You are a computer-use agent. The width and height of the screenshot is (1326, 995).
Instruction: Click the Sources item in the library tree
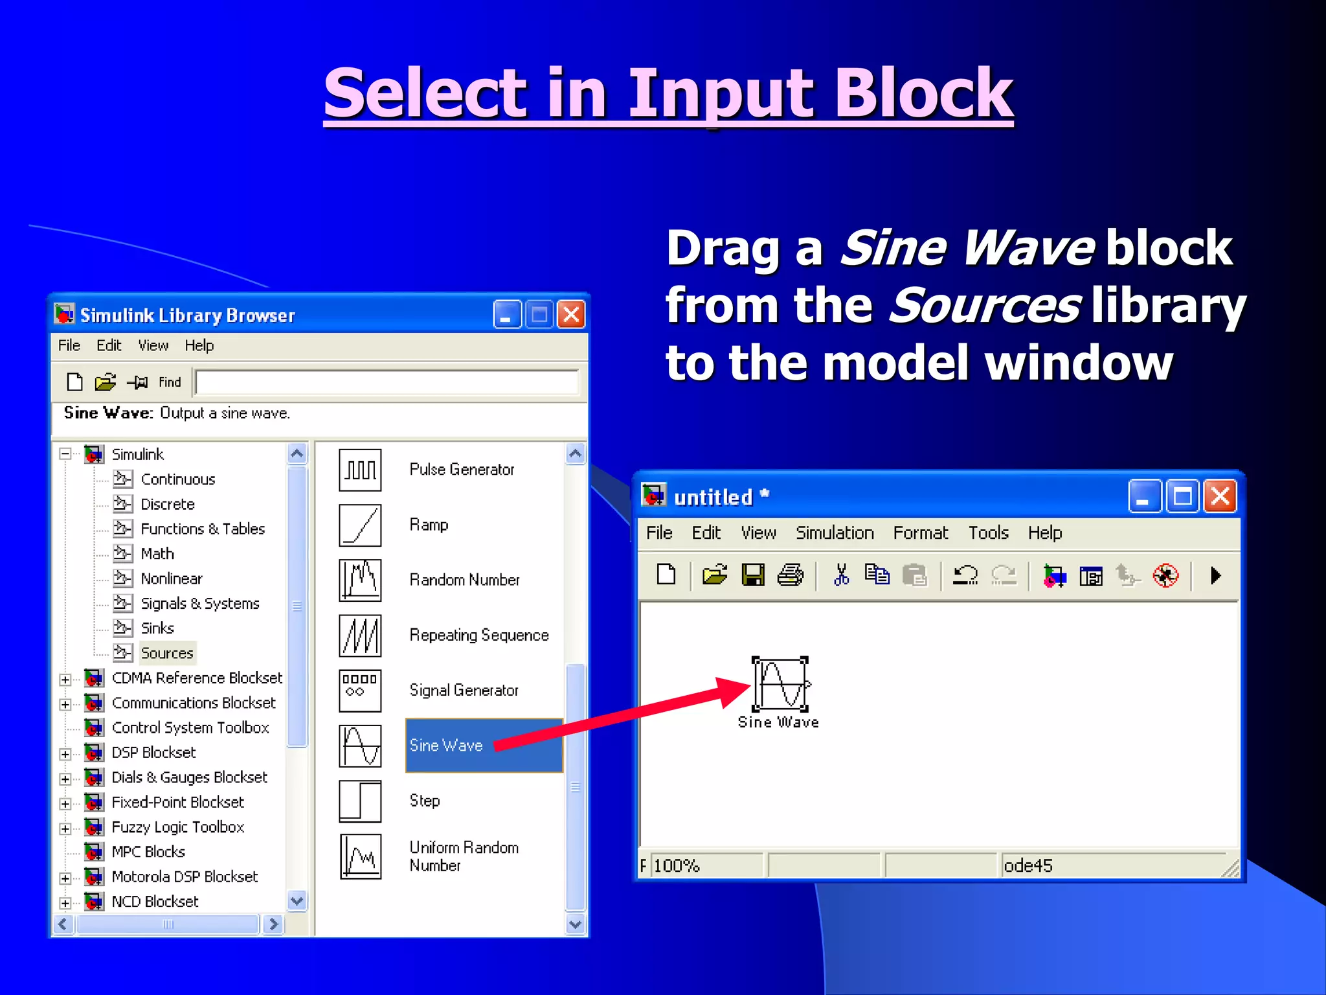(x=166, y=653)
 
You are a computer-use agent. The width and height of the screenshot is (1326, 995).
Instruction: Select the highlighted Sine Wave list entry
(x=447, y=746)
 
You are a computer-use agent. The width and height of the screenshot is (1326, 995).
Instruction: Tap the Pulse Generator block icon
(x=360, y=470)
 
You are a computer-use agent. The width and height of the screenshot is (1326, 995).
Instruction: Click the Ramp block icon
(x=360, y=525)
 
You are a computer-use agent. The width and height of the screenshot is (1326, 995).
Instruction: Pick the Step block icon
(x=360, y=801)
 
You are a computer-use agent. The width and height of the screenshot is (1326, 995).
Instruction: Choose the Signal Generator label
(x=464, y=691)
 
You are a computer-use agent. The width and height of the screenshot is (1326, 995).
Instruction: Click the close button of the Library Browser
(x=571, y=315)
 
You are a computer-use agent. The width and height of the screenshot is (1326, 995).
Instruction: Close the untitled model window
(x=1220, y=497)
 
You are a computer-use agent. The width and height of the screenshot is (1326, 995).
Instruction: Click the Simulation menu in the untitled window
(x=835, y=533)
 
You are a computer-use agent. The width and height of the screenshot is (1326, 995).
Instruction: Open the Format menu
(x=920, y=533)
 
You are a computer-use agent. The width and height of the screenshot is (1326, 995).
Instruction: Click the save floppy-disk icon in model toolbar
(x=753, y=575)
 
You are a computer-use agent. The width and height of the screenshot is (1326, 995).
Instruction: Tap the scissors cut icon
(x=841, y=575)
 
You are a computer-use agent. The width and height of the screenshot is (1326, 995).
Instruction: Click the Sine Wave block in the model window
(x=781, y=685)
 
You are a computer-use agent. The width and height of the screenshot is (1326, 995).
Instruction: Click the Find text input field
(x=387, y=382)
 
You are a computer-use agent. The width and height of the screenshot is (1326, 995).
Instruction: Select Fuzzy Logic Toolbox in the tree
(x=177, y=827)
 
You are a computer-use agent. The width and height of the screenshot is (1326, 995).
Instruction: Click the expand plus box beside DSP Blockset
(x=65, y=754)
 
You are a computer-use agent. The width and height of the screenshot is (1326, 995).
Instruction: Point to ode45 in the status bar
(x=1028, y=866)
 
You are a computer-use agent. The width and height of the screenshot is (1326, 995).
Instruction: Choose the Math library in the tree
(x=157, y=554)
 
